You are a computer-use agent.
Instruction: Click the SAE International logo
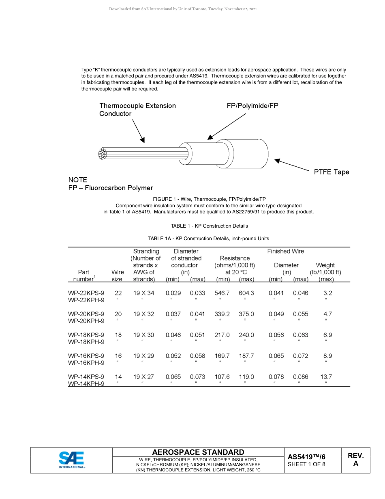pyautogui.click(x=72, y=460)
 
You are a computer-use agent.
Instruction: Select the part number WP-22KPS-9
pyautogui.click(x=86, y=293)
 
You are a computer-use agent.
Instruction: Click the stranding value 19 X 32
pyautogui.click(x=143, y=314)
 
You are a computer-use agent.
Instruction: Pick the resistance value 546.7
pyautogui.click(x=222, y=293)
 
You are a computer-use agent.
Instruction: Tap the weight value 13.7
pyautogui.click(x=326, y=377)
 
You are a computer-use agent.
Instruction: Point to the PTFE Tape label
pyautogui.click(x=331, y=172)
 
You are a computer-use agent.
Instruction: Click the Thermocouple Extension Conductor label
pyautogui.click(x=137, y=110)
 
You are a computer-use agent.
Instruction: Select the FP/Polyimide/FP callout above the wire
pyautogui.click(x=252, y=106)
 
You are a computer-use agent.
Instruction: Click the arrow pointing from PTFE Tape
pyautogui.click(x=292, y=165)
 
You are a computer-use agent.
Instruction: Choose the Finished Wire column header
pyautogui.click(x=285, y=252)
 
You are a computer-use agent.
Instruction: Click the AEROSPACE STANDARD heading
pyautogui.click(x=198, y=452)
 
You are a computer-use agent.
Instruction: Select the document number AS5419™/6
pyautogui.click(x=306, y=457)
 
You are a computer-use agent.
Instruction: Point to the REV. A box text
pyautogui.click(x=355, y=460)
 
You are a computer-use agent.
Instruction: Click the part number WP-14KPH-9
pyautogui.click(x=86, y=384)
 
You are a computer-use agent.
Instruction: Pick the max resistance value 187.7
pyautogui.click(x=246, y=356)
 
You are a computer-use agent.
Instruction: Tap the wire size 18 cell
pyautogui.click(x=118, y=335)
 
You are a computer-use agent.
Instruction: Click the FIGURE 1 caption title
pyautogui.click(x=209, y=199)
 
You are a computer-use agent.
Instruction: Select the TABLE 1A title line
pyautogui.click(x=208, y=239)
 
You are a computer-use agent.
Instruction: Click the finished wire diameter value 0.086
pyautogui.click(x=300, y=377)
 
